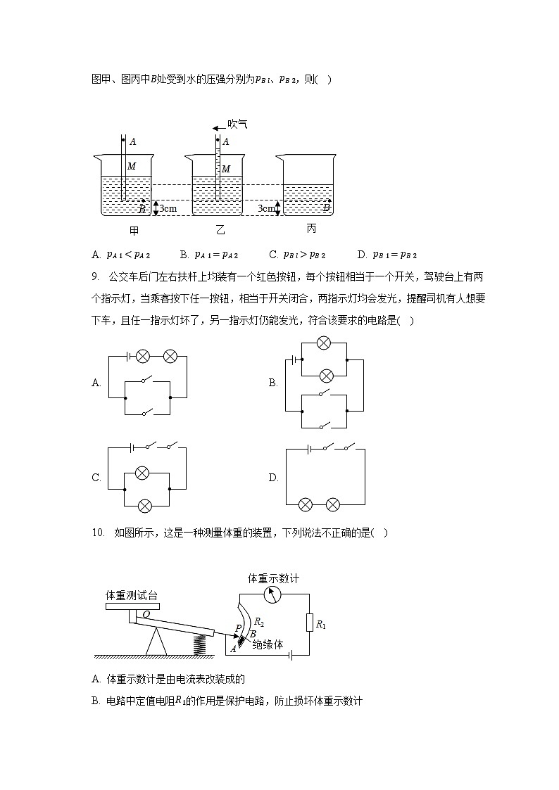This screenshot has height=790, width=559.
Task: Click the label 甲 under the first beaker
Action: pos(134,230)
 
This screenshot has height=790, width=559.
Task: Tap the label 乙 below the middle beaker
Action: pos(220,230)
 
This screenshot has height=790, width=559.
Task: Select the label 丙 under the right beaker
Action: pos(311,229)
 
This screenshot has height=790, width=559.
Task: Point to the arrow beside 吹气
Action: pos(218,127)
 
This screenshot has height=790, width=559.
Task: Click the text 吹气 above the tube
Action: pos(237,125)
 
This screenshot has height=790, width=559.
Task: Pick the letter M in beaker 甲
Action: pos(132,167)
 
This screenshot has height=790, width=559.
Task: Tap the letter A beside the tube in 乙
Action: pos(225,141)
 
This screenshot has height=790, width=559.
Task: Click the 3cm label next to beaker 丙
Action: pos(265,209)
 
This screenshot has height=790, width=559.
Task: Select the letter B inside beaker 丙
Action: pos(326,208)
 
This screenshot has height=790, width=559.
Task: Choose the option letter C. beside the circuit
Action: pos(96,478)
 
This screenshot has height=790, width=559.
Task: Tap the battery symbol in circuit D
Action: pos(309,448)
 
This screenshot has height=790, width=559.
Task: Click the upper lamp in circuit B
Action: pos(324,343)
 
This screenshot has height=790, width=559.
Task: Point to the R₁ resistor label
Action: pos(321,623)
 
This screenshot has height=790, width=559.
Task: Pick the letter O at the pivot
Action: pos(146,614)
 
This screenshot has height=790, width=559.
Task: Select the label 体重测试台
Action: pos(131,595)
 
